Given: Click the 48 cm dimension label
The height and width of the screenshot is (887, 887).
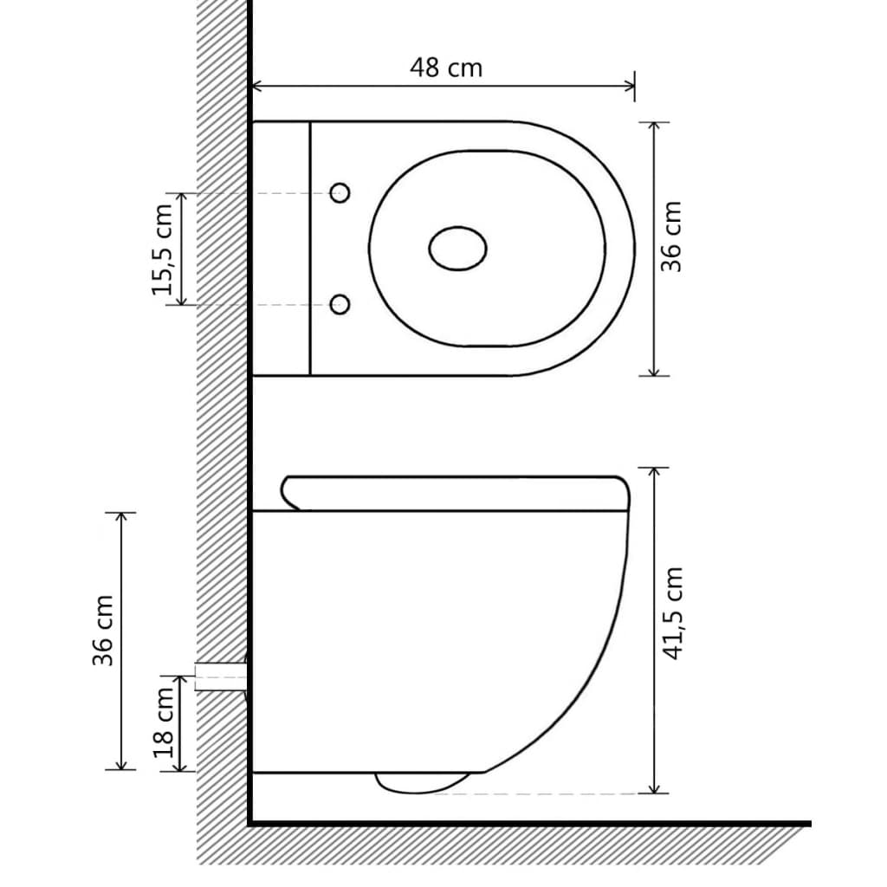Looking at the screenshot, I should click(x=446, y=68).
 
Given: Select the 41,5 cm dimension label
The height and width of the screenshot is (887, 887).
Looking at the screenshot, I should click(x=673, y=613).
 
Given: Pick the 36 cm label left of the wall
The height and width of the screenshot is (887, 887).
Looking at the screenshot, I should click(x=104, y=641).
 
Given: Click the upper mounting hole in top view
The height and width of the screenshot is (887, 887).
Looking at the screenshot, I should click(x=340, y=193).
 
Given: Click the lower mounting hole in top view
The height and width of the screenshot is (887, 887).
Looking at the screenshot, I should click(x=340, y=303).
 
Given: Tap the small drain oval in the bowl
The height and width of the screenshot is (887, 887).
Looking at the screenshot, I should click(x=457, y=249).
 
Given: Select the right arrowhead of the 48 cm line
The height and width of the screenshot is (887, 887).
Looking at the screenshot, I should click(x=630, y=85).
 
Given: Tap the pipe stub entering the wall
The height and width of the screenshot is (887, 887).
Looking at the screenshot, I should click(x=221, y=677).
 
